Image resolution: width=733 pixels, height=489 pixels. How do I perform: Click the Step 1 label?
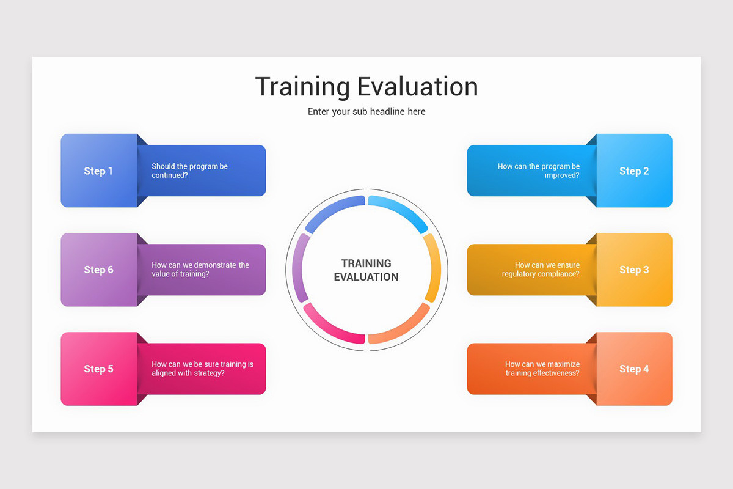tap(98, 171)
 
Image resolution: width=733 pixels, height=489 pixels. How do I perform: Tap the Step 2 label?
tap(634, 171)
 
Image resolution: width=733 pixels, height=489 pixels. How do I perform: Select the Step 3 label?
tap(634, 270)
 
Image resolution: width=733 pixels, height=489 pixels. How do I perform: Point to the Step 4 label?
tap(634, 369)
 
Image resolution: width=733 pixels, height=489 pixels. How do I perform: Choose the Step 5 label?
tap(98, 369)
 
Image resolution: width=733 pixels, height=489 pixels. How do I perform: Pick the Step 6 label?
tap(98, 270)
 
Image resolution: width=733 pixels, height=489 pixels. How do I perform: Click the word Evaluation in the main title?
tap(417, 86)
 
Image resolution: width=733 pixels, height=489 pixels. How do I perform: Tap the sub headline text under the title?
tap(366, 111)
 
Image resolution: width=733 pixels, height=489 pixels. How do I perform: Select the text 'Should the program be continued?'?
tap(189, 171)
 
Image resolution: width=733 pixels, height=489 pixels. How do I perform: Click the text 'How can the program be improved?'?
tap(539, 171)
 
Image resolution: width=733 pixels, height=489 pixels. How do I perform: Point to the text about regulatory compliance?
tap(541, 270)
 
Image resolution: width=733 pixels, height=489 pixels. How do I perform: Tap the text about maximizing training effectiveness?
tap(542, 369)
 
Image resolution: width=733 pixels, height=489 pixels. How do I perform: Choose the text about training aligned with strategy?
tap(202, 369)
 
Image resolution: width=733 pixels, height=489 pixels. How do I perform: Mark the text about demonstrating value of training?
tap(200, 270)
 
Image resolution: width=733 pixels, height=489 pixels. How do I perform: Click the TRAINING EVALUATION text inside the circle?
tap(366, 270)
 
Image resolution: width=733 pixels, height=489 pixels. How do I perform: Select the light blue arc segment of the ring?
tap(401, 210)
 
